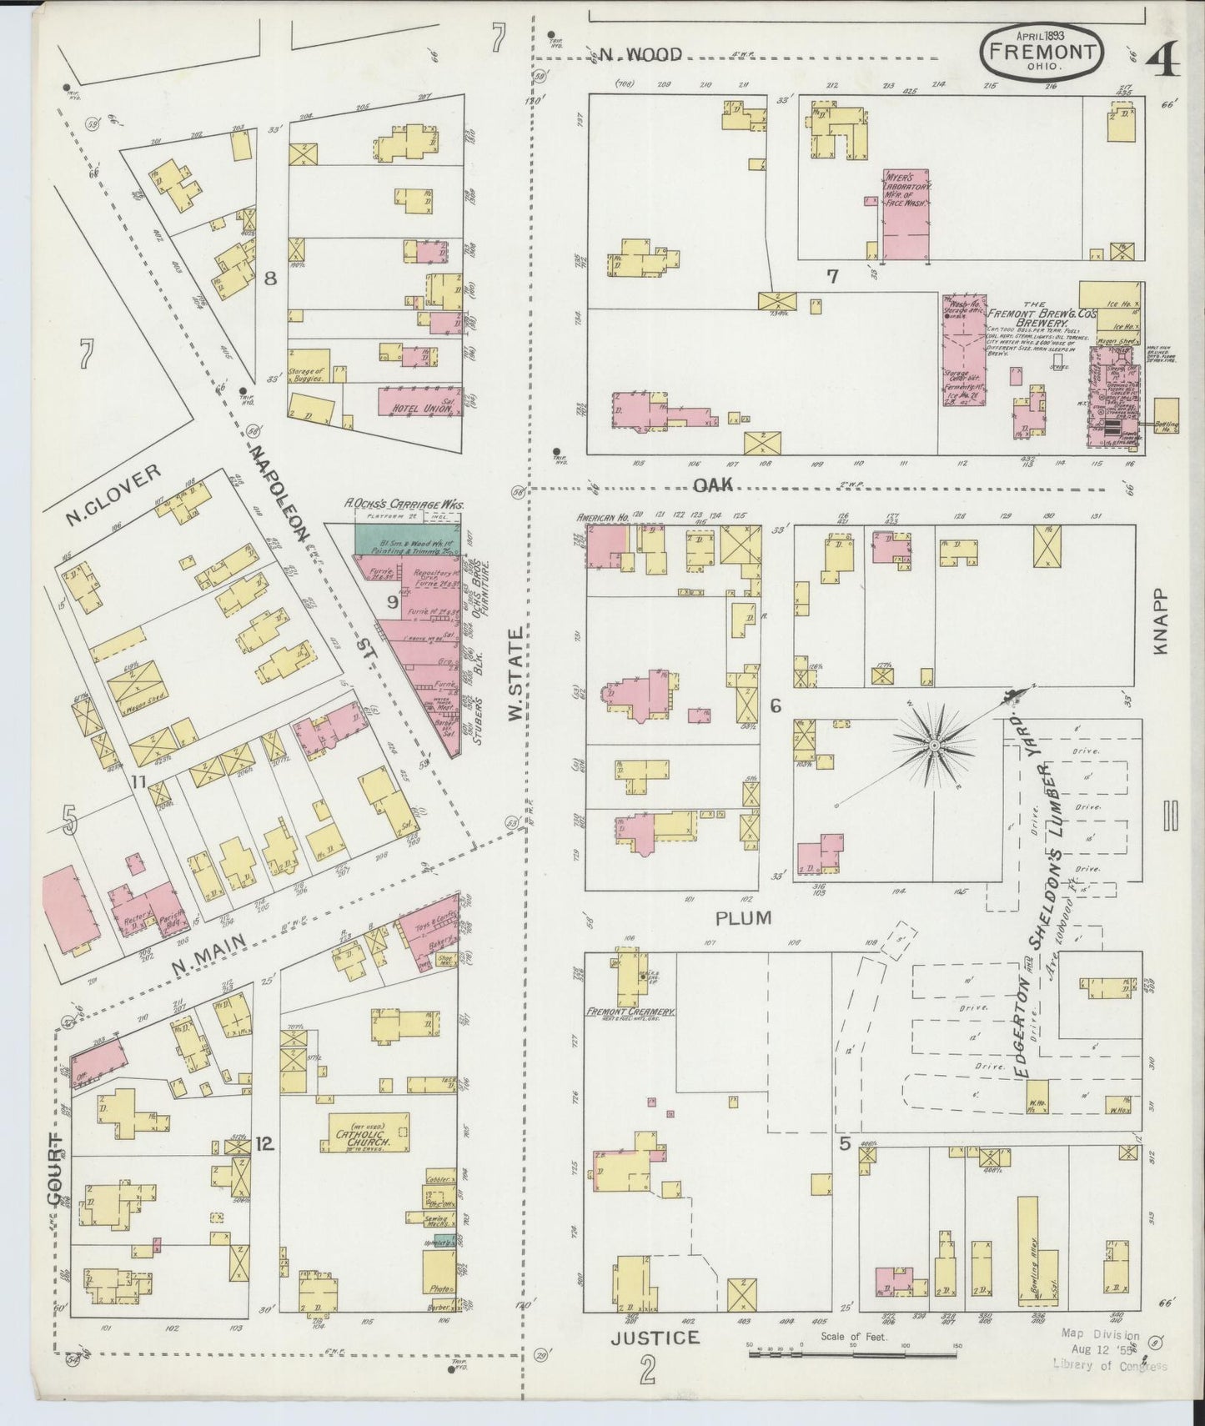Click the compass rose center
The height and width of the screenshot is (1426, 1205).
point(935,743)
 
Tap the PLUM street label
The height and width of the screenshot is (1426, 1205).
point(743,917)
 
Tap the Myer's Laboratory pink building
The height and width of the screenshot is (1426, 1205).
point(906,215)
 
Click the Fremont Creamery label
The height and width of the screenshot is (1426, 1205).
point(630,1012)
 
